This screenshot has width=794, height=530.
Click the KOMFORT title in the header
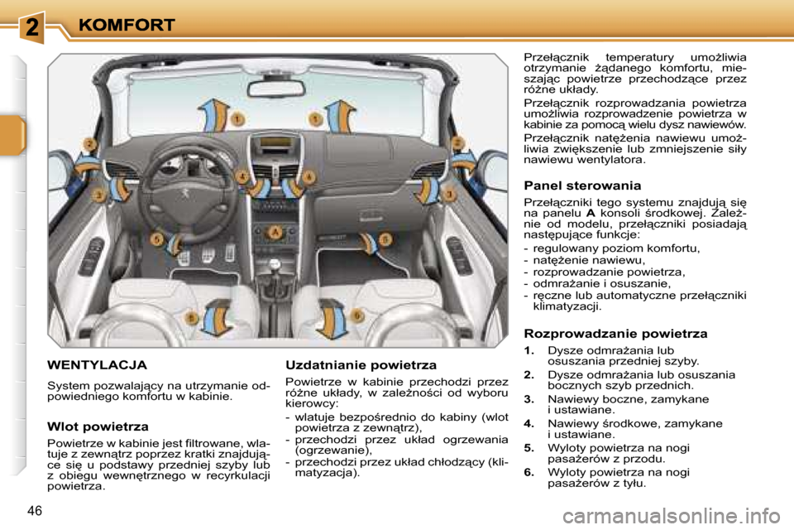point(127,25)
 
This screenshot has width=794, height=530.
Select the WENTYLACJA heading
point(98,364)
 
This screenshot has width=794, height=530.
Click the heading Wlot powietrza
point(98,426)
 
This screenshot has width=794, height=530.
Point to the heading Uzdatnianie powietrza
point(361,364)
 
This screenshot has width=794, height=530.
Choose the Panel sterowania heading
point(582,185)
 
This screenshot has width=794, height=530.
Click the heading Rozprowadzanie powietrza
point(615,334)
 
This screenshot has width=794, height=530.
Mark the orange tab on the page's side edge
point(12,137)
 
